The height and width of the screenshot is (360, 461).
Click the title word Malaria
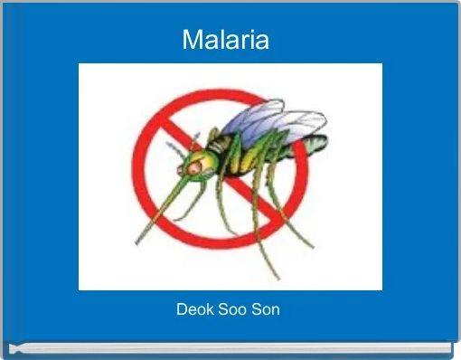coord(226,40)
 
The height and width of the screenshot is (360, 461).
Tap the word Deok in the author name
coord(193,309)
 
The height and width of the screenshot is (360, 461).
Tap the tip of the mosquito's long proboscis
coord(137,242)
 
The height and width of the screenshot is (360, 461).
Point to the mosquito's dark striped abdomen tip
coord(316,143)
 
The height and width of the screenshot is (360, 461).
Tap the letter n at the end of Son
coord(275,310)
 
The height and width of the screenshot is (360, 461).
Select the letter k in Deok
coord(207,309)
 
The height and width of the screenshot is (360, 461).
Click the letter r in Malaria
coord(242,42)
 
